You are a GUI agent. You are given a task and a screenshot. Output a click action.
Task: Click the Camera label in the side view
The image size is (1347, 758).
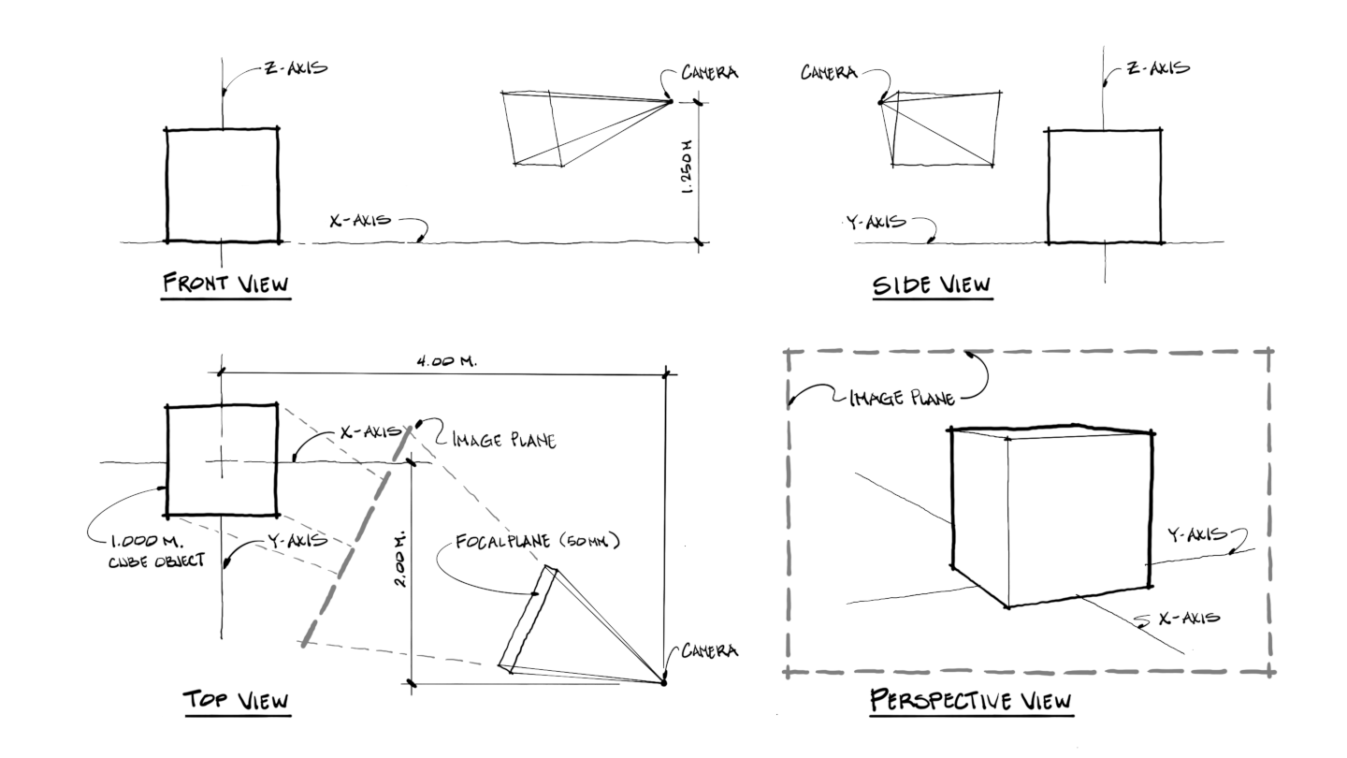tap(831, 71)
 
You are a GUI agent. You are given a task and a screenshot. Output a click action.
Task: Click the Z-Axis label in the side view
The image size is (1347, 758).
tap(1159, 69)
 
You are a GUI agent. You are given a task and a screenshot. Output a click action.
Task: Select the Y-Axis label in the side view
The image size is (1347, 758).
tap(877, 222)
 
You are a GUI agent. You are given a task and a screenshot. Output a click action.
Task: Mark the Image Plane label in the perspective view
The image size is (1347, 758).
tap(902, 400)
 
